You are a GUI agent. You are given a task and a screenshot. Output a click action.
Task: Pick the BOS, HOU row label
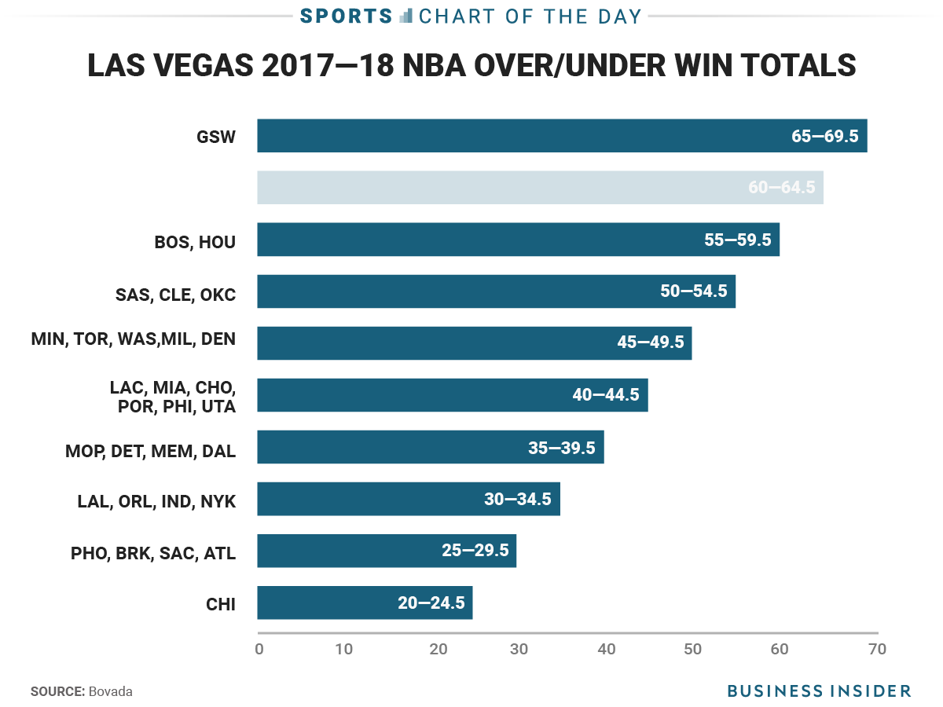[195, 241]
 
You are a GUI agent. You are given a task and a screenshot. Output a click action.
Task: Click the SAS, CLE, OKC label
[175, 295]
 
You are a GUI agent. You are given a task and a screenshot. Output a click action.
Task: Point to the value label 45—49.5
[650, 343]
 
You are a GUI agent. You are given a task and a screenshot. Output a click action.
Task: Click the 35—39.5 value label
[561, 449]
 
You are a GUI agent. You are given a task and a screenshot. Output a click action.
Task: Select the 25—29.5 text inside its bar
[475, 551]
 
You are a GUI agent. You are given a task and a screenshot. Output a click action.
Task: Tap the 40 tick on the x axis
[605, 650]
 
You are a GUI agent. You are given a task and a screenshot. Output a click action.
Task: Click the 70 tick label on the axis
[877, 650]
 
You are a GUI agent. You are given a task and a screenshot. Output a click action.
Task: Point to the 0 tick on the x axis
[259, 650]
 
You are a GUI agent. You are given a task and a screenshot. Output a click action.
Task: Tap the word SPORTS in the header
[346, 16]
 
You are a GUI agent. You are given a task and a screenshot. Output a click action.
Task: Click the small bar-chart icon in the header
[406, 15]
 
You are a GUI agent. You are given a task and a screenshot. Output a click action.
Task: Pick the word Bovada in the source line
[111, 691]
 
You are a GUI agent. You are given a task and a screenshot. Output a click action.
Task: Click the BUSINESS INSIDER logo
[819, 691]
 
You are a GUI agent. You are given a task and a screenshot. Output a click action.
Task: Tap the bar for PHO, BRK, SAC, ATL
[387, 551]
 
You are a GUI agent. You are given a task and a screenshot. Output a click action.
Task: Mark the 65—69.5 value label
[824, 136]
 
